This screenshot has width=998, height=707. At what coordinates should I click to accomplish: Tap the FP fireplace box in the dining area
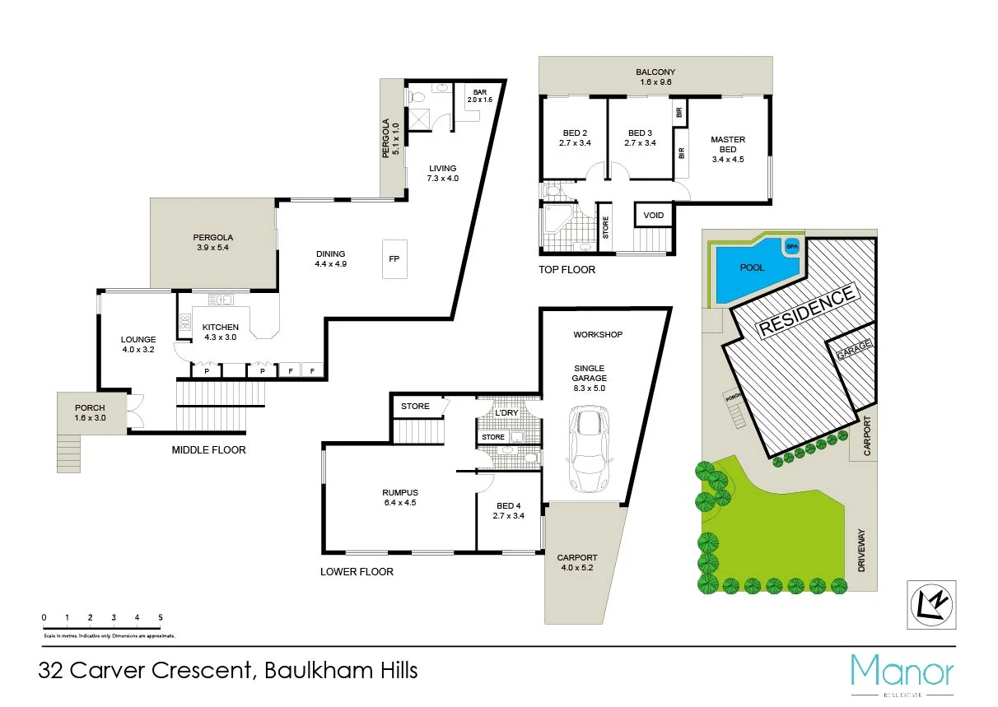pyautogui.click(x=394, y=259)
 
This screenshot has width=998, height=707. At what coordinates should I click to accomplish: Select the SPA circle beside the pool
pyautogui.click(x=792, y=246)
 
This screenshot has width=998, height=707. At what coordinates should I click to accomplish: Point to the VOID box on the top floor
pyautogui.click(x=654, y=216)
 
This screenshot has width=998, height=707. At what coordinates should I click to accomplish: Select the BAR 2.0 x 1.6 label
pyautogui.click(x=479, y=95)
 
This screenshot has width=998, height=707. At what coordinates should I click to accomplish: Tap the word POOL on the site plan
pyautogui.click(x=753, y=267)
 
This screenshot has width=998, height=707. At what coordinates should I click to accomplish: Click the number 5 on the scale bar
pyautogui.click(x=161, y=616)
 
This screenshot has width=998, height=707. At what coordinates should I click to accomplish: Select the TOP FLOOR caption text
pyautogui.click(x=567, y=269)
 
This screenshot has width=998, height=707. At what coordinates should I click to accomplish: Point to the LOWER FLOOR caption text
pyautogui.click(x=357, y=571)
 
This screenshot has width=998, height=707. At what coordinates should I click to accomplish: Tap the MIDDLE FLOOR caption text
pyautogui.click(x=208, y=450)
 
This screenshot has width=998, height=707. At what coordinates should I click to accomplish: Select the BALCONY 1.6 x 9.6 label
pyautogui.click(x=655, y=77)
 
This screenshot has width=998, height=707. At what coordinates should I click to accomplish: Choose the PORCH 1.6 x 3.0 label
pyautogui.click(x=90, y=412)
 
